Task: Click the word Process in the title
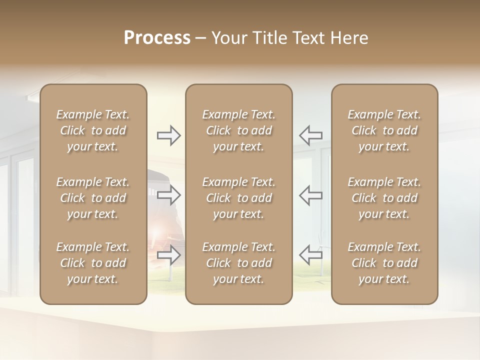(x=157, y=38)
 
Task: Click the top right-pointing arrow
(x=169, y=135)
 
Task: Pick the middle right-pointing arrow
(x=169, y=195)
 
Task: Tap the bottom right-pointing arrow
(x=169, y=255)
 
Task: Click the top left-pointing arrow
(x=311, y=135)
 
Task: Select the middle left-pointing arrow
(x=311, y=195)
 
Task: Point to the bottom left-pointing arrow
(x=311, y=255)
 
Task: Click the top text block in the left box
(x=93, y=130)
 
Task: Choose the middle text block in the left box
(x=93, y=198)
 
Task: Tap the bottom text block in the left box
(x=93, y=263)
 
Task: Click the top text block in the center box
(x=239, y=130)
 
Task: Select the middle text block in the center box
(x=239, y=198)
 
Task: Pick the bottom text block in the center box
(x=239, y=263)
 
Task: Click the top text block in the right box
(x=384, y=130)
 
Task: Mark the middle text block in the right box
(x=384, y=198)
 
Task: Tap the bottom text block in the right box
(x=384, y=263)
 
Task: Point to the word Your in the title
(x=227, y=38)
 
